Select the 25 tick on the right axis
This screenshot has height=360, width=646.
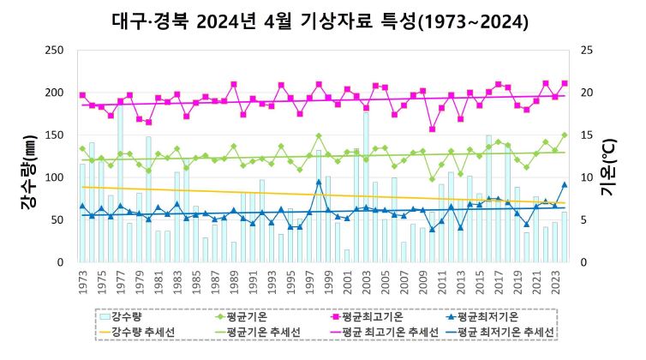coord(586,51)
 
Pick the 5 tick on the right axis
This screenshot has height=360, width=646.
coord(583,220)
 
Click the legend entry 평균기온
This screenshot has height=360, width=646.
coord(236,316)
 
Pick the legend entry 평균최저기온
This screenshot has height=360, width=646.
coord(491,316)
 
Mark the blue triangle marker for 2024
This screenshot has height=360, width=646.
coord(564,184)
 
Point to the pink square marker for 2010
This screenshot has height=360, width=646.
coord(432,129)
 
